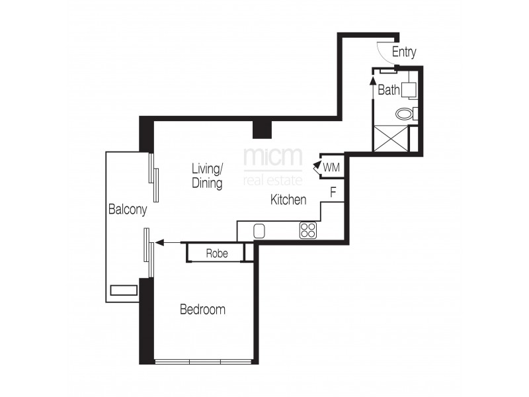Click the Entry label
[403, 52]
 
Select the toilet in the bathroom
[404, 114]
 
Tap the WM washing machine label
[331, 167]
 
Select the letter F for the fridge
[334, 193]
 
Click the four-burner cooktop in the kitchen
[308, 230]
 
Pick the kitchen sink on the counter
[259, 230]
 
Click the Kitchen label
[288, 199]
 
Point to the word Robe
[217, 253]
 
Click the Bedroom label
[202, 309]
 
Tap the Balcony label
[127, 209]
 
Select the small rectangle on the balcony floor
[124, 289]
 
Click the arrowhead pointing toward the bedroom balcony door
[159, 243]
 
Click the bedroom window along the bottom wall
[204, 361]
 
